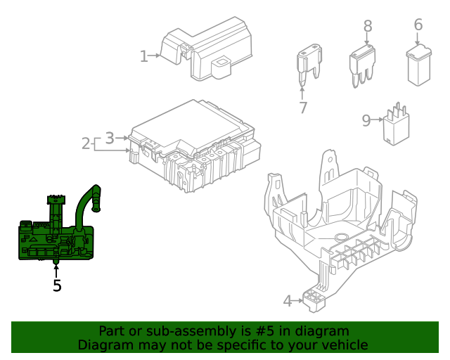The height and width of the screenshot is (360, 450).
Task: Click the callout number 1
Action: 143,56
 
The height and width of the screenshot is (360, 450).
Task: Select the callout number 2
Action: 86,143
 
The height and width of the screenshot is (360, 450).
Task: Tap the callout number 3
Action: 110,138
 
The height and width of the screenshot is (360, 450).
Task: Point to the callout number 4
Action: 287,301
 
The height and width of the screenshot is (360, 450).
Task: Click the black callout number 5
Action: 57,285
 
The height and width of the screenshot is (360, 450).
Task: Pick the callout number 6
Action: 418,25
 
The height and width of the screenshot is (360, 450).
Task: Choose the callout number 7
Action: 303,108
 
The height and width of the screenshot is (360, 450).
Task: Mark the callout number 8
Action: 368,26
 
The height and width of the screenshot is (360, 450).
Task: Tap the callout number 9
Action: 366,120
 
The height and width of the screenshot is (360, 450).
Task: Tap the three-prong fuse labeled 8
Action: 363,63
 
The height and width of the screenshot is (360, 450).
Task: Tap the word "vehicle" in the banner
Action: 343,345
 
